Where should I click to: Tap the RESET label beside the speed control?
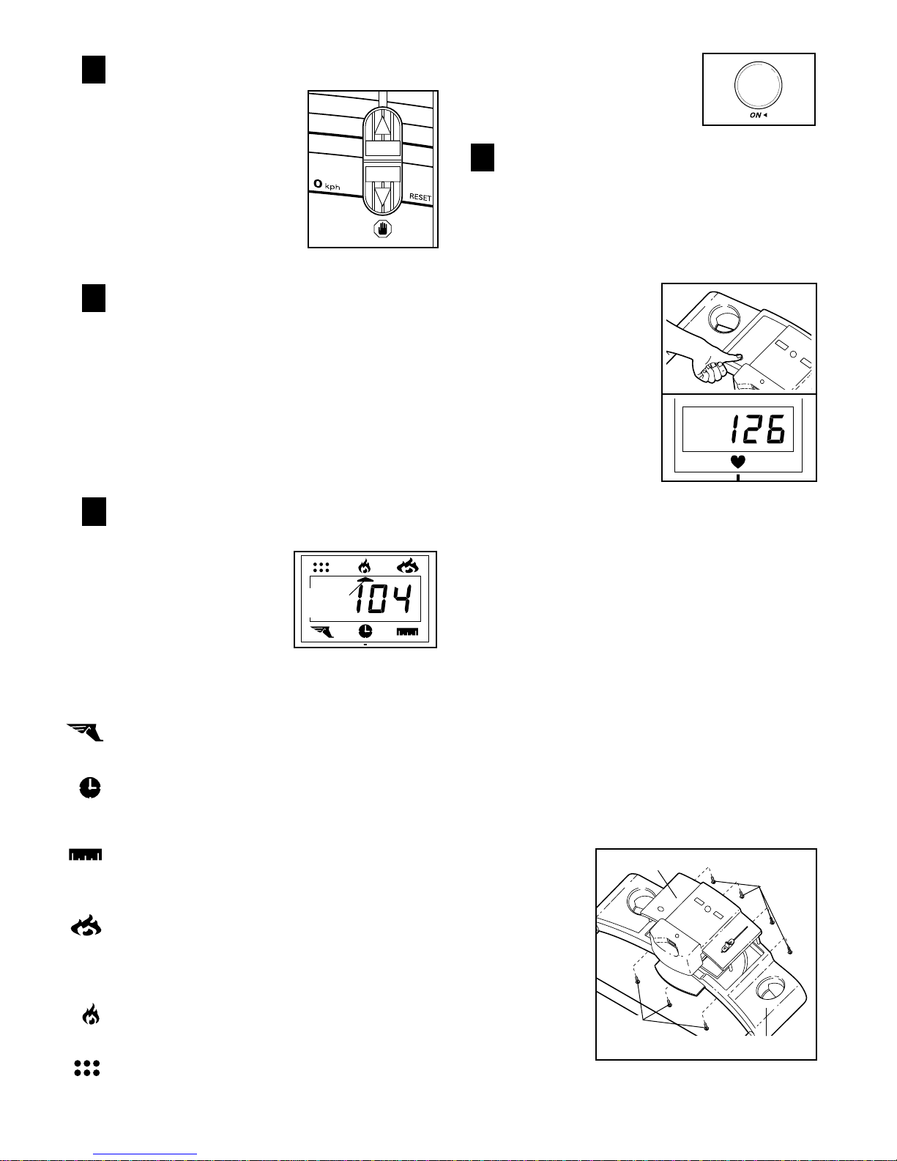[420, 198]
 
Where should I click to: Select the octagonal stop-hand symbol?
[383, 229]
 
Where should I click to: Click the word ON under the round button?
[756, 116]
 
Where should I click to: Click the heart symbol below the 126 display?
[738, 462]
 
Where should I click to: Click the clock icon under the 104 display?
[365, 631]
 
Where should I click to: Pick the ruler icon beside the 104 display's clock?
[407, 631]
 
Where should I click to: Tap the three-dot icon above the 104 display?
[321, 566]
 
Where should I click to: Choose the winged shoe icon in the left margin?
[86, 732]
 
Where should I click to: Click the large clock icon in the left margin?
[89, 788]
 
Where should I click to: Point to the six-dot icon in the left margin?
[86, 1068]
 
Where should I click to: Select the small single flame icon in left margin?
[90, 1015]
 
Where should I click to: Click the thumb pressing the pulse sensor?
[732, 357]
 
